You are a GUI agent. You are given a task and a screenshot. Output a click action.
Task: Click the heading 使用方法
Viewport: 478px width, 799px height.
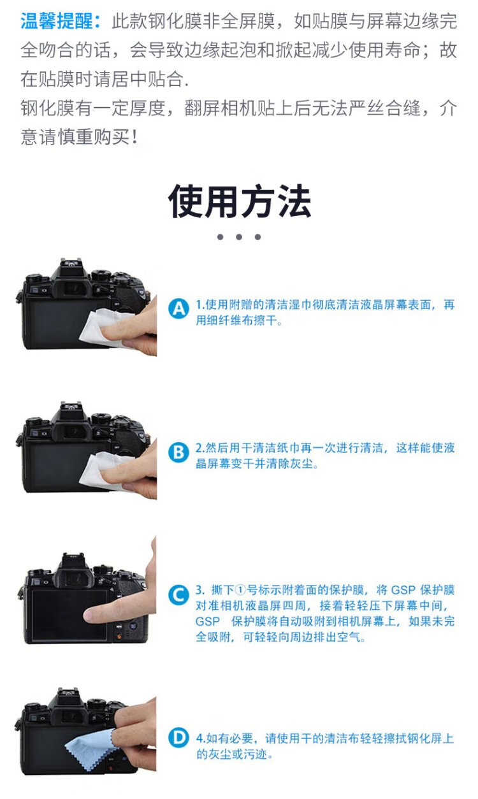point(240,201)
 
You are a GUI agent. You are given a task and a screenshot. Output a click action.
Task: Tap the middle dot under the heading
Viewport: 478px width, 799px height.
point(239,237)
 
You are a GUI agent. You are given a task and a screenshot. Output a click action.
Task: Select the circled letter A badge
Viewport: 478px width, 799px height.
point(178,308)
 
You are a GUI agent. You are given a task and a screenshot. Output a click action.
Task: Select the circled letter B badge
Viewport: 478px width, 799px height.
point(178,452)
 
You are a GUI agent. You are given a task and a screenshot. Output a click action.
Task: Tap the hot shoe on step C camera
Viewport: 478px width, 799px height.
point(73,557)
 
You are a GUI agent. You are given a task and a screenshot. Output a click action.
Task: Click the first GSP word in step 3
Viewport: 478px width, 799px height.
point(403,591)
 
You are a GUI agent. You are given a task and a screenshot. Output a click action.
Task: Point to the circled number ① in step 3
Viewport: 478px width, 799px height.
point(241,591)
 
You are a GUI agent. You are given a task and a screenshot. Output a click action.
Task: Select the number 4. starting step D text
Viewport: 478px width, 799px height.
point(201,738)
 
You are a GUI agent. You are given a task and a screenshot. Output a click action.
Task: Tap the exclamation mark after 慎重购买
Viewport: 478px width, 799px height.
point(134,137)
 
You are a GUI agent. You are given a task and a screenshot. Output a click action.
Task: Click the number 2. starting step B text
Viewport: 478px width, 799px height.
point(200,448)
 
